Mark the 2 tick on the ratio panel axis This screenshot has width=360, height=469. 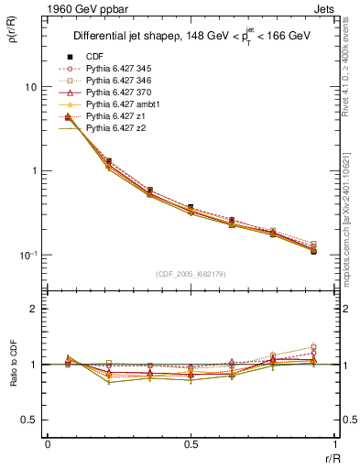36,310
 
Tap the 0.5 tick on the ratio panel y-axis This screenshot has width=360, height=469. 32,420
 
